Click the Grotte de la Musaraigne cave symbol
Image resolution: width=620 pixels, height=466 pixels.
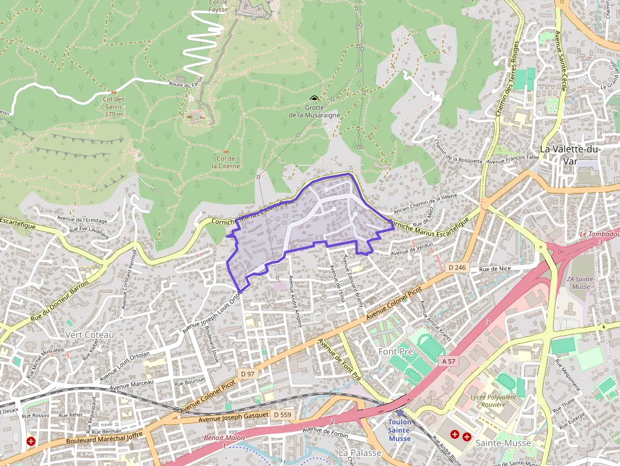pos(314,99)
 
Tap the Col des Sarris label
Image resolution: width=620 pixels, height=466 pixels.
pos(113,106)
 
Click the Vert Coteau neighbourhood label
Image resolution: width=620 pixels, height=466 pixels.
pos(89,334)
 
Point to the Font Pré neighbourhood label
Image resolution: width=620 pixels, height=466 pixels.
pos(395,351)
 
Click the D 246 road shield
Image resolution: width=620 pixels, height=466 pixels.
pos(457,267)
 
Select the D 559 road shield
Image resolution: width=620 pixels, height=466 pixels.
pos(282,414)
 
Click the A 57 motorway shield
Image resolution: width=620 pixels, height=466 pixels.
pos(448,360)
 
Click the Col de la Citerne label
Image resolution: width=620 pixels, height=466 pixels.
pos(226,162)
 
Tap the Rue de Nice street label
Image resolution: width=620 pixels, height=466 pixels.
pos(495,269)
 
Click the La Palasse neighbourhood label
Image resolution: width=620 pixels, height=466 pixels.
pos(359,453)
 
